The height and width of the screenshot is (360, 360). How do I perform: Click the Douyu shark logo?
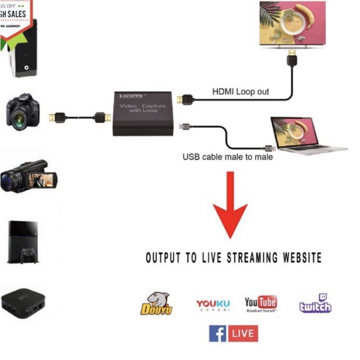tap(156, 303)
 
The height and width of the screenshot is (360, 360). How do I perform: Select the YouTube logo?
tap(261, 304)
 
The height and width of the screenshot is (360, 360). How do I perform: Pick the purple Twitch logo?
tap(315, 304)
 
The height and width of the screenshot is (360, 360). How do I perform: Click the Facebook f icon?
tap(217, 334)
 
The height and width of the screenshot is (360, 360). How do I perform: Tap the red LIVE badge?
tap(244, 334)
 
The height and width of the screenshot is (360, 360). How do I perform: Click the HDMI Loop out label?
tap(240, 92)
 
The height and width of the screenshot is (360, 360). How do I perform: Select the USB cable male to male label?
tap(227, 157)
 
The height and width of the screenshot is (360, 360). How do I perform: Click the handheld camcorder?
tap(27, 176)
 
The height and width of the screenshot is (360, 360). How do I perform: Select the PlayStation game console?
tap(23, 241)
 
